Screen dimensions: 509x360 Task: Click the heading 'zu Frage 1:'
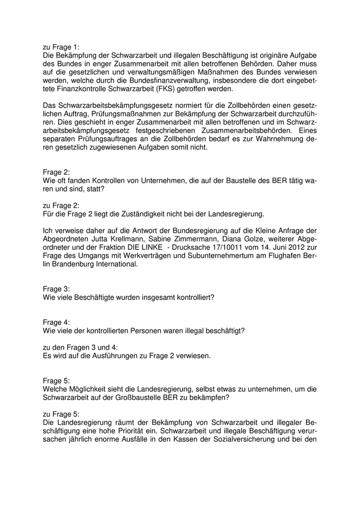click(x=61, y=47)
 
